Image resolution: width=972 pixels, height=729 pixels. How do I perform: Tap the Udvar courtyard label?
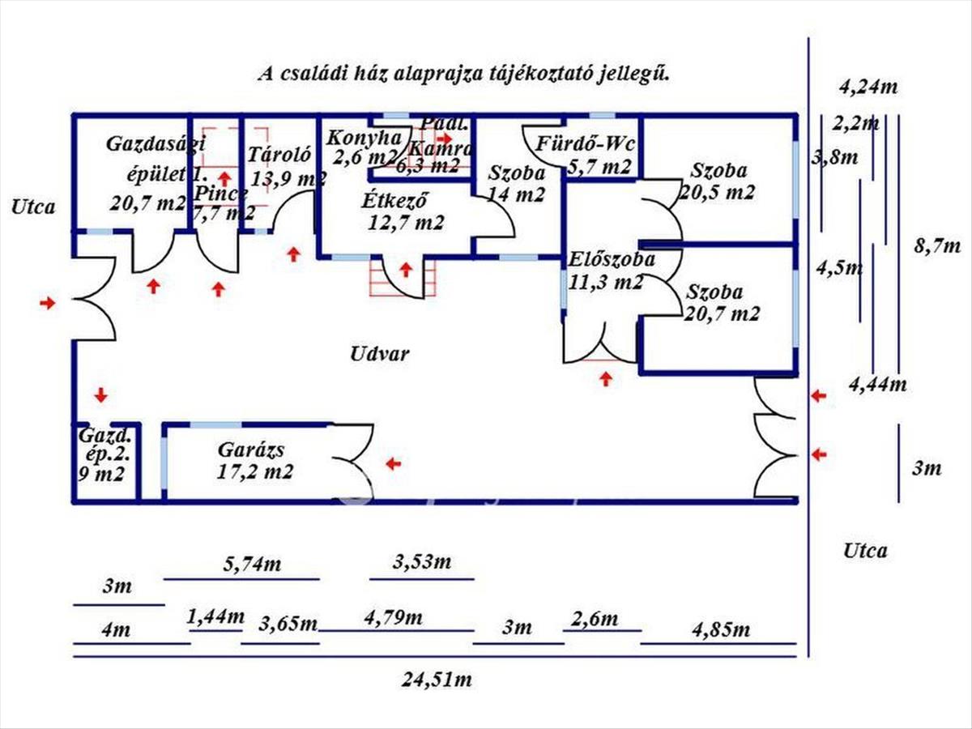(380, 354)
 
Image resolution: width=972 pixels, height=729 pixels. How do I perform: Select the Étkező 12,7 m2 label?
(403, 211)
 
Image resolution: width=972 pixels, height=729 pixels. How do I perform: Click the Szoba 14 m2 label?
(516, 183)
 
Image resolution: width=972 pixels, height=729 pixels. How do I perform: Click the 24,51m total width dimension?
(437, 680)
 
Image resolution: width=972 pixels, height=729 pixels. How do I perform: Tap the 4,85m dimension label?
(720, 629)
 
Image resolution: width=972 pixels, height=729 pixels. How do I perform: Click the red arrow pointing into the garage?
(394, 463)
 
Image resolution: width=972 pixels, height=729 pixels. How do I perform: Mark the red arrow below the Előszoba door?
(606, 378)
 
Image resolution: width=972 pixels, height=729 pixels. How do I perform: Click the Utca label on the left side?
(33, 207)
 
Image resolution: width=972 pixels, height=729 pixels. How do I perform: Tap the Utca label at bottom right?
(865, 551)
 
